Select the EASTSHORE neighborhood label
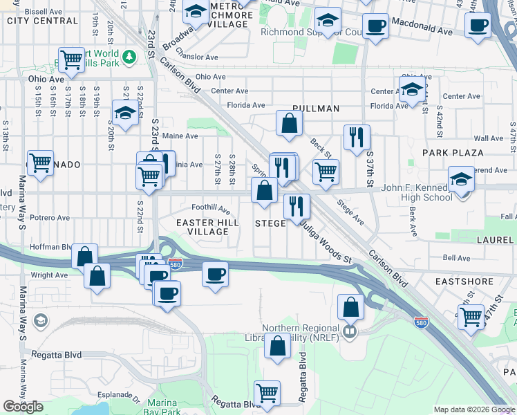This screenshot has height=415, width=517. [464, 282]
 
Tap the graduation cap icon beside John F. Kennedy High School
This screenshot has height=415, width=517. [462, 179]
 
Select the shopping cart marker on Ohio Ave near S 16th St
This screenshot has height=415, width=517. [71, 60]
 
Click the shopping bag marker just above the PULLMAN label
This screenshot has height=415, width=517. [289, 124]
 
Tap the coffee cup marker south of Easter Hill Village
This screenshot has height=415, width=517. [215, 274]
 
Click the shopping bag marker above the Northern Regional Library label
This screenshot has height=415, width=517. [351, 306]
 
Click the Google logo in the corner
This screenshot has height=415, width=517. [23, 407]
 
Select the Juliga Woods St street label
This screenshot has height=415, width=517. [324, 246]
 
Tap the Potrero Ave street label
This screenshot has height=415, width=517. [49, 217]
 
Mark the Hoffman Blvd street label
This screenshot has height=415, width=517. [50, 246]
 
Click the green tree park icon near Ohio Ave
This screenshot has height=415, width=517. [129, 55]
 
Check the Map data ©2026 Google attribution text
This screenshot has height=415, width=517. [473, 409]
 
